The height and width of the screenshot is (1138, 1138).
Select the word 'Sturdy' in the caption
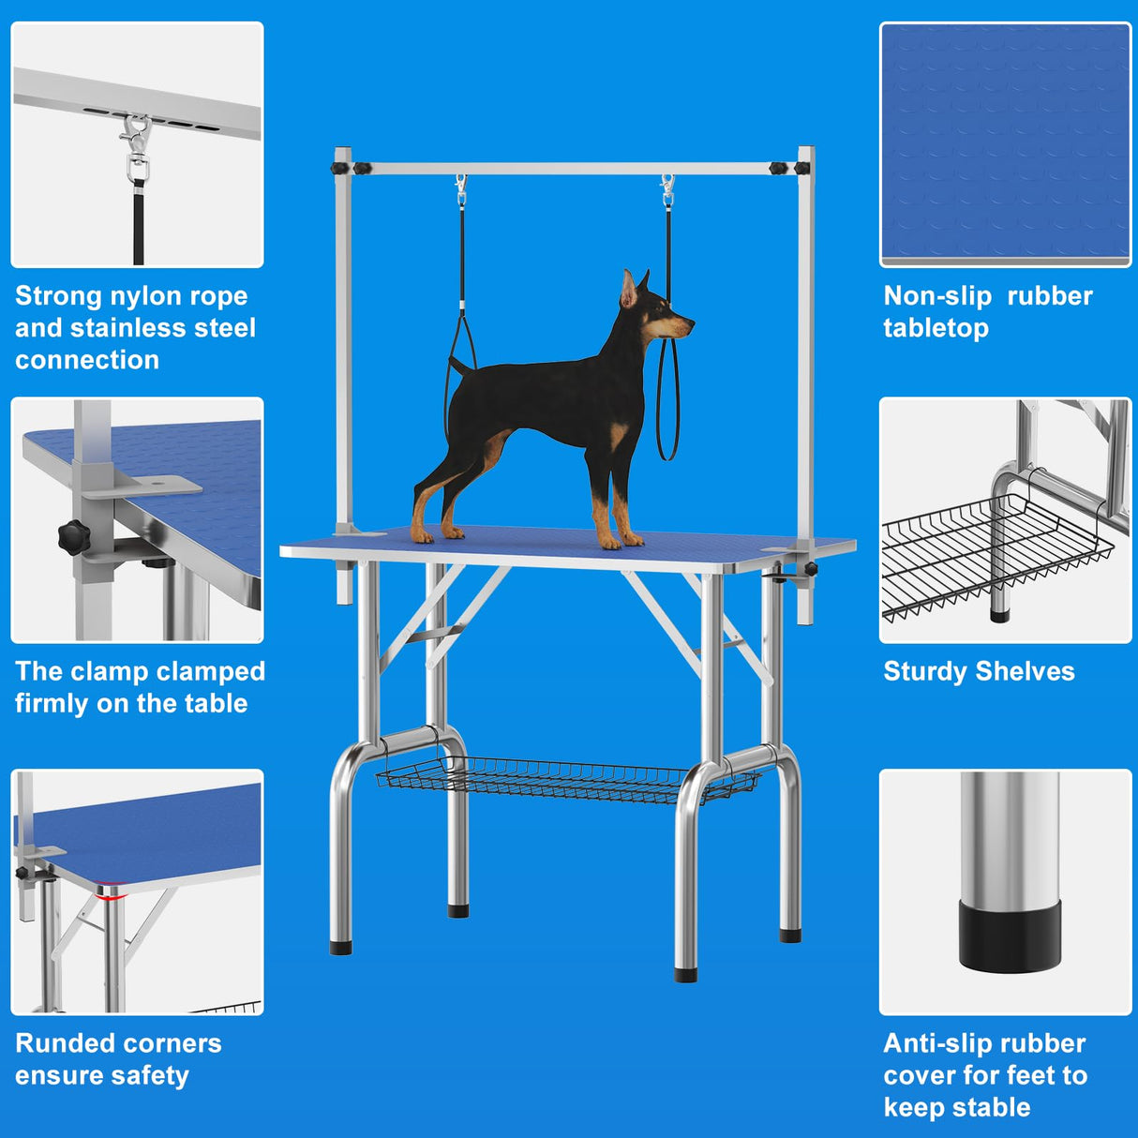pos(925,671)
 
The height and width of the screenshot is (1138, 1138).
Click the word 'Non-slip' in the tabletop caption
pos(937,296)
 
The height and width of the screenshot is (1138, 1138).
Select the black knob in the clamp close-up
pos(72,537)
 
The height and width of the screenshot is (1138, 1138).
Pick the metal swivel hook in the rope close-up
pos(137,147)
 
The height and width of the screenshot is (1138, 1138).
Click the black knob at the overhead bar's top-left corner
pos(338,169)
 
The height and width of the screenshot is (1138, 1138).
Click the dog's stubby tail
pos(457,364)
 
